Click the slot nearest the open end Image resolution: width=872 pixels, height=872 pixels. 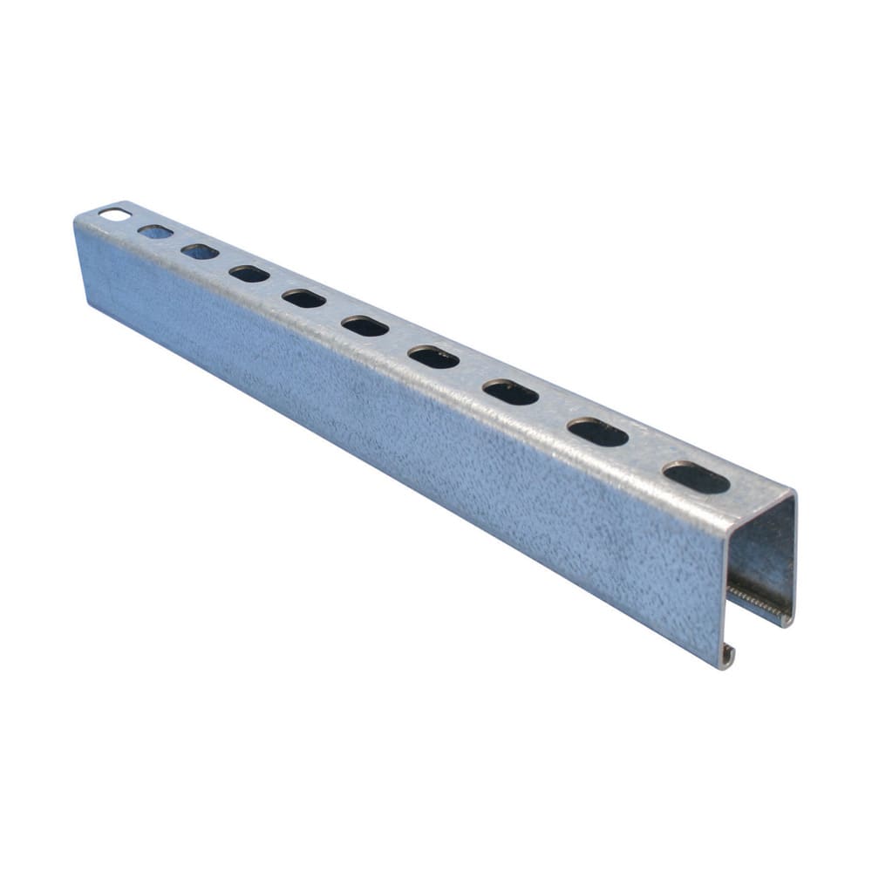point(696,478)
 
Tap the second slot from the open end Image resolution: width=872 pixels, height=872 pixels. point(597,432)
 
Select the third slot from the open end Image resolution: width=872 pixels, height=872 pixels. point(511,392)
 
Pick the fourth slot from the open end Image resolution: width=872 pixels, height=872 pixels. point(433,357)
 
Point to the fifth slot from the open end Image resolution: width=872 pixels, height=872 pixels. point(364,326)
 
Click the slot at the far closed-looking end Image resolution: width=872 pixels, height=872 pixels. point(114,213)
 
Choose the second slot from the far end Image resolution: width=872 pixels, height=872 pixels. point(155,231)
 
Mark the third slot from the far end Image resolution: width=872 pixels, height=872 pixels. point(200,251)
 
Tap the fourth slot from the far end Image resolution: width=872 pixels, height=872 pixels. point(249,274)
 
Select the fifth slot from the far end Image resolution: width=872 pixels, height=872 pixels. point(303,298)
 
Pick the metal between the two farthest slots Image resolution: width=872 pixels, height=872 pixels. point(134,221)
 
